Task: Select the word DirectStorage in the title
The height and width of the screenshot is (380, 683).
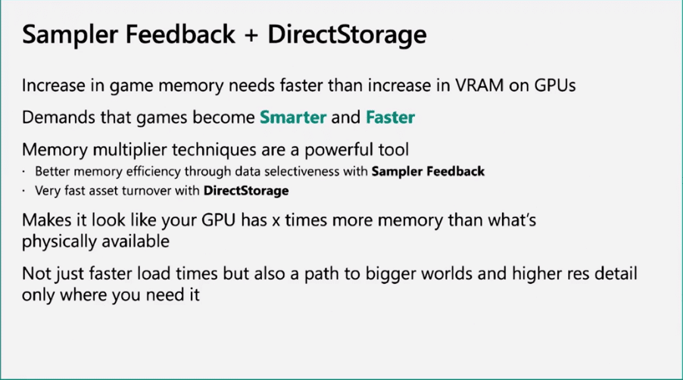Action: click(x=347, y=35)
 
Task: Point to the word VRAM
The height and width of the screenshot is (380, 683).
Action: click(x=479, y=86)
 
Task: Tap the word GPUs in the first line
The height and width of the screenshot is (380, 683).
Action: click(x=554, y=86)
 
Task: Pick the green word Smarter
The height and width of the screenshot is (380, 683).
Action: click(x=293, y=117)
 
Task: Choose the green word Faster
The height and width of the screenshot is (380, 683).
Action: click(x=390, y=117)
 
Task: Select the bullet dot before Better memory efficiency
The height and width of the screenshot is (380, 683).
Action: click(x=23, y=172)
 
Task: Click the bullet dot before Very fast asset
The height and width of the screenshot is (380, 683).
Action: click(x=23, y=191)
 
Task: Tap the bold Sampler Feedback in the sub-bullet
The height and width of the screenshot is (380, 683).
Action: click(x=428, y=172)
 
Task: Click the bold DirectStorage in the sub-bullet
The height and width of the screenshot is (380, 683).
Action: click(x=246, y=191)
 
